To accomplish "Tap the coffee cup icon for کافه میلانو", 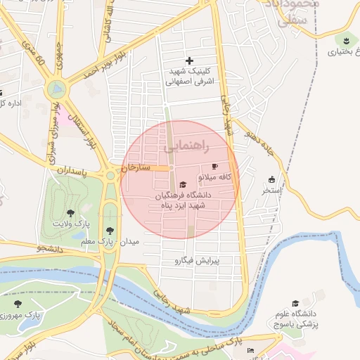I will pos(214,157).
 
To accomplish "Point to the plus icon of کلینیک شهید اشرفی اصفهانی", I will pos(189,61).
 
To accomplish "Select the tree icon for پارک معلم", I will pos(109,230).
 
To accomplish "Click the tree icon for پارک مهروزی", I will pos(17,304).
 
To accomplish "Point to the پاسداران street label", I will pos(72,171).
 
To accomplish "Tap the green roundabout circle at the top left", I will pos(56,89).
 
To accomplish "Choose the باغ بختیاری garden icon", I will pos(345,40).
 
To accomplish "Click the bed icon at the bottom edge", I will pos(251,350).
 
